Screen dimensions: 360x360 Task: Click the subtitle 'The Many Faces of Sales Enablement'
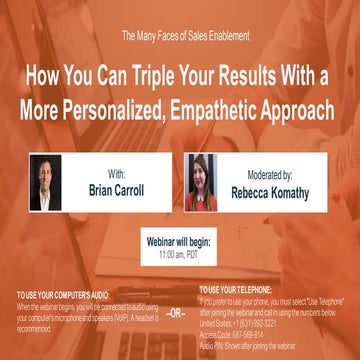click(179, 37)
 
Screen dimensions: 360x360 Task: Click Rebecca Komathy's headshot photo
click(204, 183)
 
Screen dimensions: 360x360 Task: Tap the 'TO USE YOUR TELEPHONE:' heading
click(235, 290)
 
